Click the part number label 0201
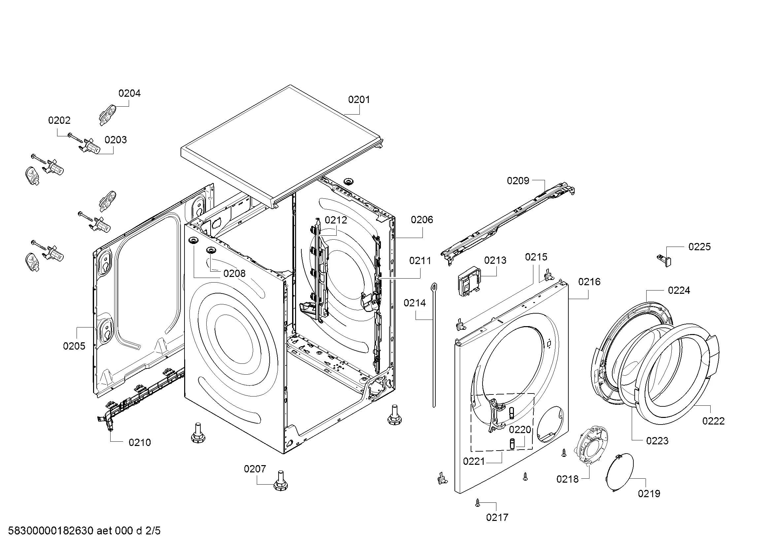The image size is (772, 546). [359, 99]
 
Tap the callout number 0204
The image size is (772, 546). [129, 93]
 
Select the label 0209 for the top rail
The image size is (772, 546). [518, 181]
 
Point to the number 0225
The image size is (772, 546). [699, 247]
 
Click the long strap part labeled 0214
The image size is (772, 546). [434, 343]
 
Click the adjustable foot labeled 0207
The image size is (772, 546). [280, 481]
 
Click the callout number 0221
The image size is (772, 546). [474, 461]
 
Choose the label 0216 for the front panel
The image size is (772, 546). [589, 282]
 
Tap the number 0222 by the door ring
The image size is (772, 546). [713, 421]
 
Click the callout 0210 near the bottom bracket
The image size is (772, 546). [140, 442]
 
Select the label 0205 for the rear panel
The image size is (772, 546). [74, 346]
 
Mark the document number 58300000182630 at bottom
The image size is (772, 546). [50, 531]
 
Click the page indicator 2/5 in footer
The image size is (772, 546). [153, 531]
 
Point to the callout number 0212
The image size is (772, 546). [336, 220]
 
